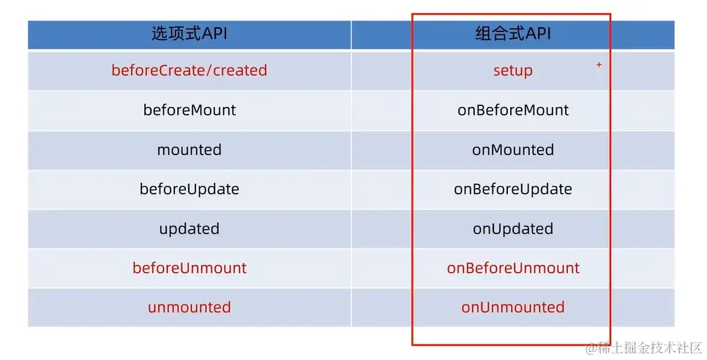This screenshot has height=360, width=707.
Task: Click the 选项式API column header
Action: pos(190,34)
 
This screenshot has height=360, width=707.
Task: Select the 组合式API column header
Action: pos(513,34)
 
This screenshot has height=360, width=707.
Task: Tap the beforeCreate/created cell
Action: pos(190,70)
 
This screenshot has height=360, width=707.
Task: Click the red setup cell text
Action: pos(513,71)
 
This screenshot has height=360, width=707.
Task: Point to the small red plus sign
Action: pos(599,64)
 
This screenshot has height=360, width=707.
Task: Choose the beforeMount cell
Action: pos(190,110)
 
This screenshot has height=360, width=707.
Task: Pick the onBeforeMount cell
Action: pos(513,110)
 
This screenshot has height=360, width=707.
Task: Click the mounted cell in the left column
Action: pos(190,149)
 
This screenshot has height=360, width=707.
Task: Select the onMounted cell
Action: pos(513,149)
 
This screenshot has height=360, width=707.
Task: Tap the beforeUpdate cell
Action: pos(190,190)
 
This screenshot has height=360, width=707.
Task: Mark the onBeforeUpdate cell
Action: pos(513,190)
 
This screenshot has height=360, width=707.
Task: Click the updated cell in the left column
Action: pos(190,229)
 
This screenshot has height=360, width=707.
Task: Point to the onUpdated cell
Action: pos(513,229)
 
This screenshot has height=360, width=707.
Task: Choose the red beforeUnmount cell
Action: pos(190,268)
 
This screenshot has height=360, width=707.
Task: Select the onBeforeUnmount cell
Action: pos(513,268)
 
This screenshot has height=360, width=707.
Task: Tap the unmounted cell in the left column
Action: pos(190,307)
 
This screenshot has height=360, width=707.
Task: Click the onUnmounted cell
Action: pos(513,307)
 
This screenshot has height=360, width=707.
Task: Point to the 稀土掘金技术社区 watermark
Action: pos(644,348)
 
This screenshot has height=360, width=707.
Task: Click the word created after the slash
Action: pos(240,70)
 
